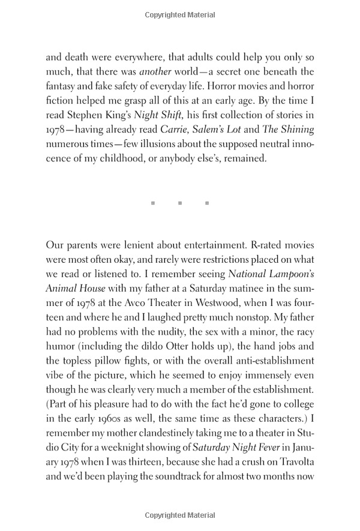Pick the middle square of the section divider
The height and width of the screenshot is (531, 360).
coord(180,203)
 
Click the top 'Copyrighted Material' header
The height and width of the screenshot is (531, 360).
coord(180,14)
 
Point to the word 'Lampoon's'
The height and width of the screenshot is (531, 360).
coord(292,274)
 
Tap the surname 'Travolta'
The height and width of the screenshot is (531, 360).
coord(292,461)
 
